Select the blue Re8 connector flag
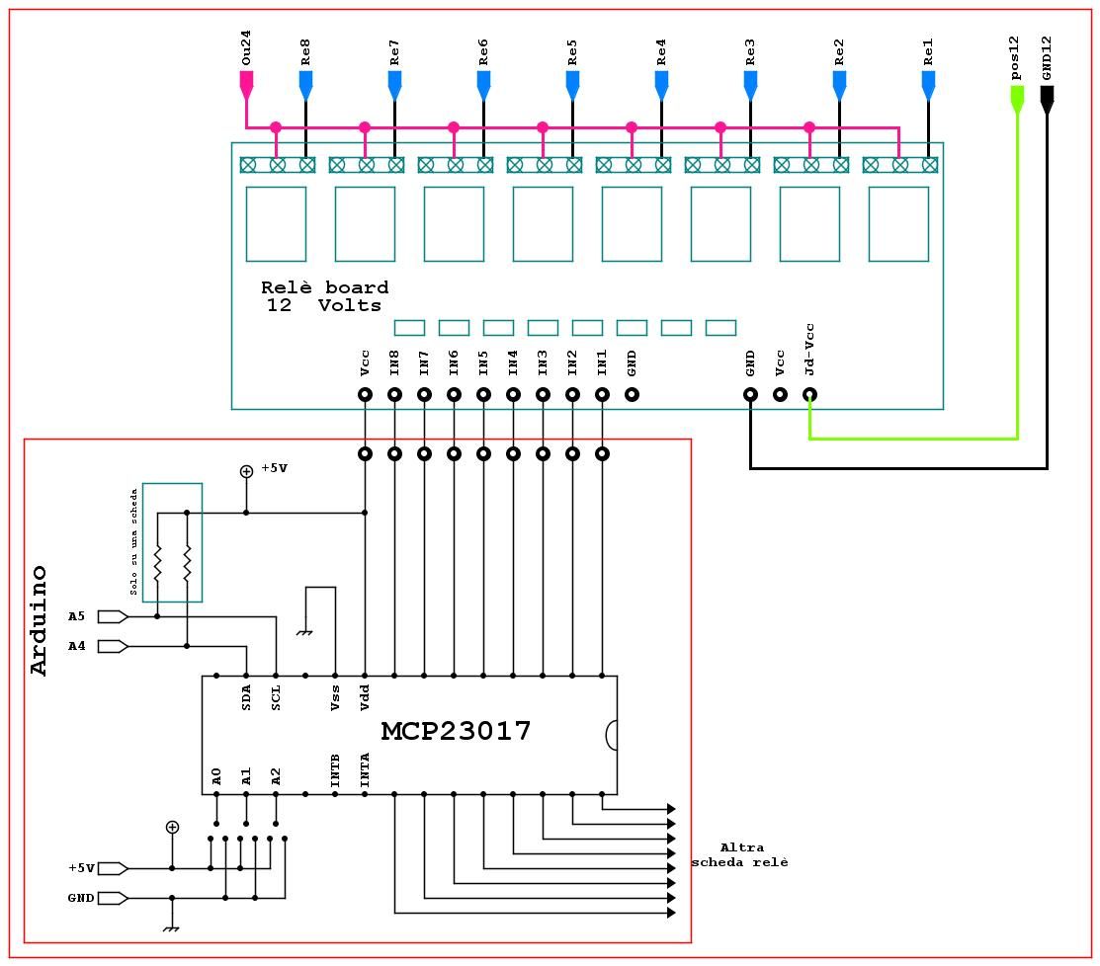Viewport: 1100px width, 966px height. coord(305,87)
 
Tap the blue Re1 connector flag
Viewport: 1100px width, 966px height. coord(928,87)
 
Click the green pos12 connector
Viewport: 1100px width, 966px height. coord(1016,97)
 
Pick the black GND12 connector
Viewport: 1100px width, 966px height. coord(1047,96)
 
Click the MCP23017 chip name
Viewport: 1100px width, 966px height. coord(456,732)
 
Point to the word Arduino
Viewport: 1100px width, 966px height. coord(40,619)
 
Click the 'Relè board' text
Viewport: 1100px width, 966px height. coord(324,288)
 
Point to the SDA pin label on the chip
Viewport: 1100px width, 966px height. coord(246,696)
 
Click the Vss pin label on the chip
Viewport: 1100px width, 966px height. coord(335,698)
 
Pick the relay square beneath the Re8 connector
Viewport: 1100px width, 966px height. coord(276,224)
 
